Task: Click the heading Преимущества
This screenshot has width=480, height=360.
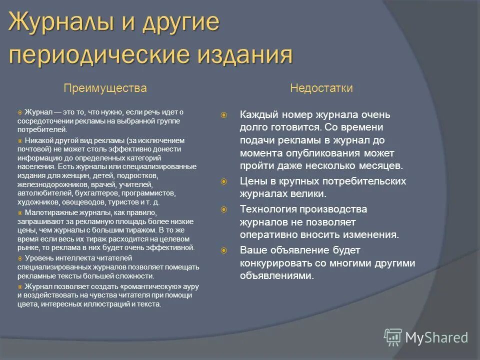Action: click(x=105, y=88)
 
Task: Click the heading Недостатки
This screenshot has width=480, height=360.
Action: click(x=321, y=88)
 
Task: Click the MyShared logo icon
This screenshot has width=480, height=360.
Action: click(x=393, y=337)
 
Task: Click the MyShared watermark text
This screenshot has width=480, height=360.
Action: click(x=436, y=337)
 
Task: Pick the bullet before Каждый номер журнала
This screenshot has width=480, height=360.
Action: click(x=224, y=115)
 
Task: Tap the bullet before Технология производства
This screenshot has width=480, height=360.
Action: click(x=224, y=209)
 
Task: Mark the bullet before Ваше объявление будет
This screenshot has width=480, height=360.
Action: click(x=224, y=250)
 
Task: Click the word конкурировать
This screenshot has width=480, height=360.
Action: click(x=275, y=263)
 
